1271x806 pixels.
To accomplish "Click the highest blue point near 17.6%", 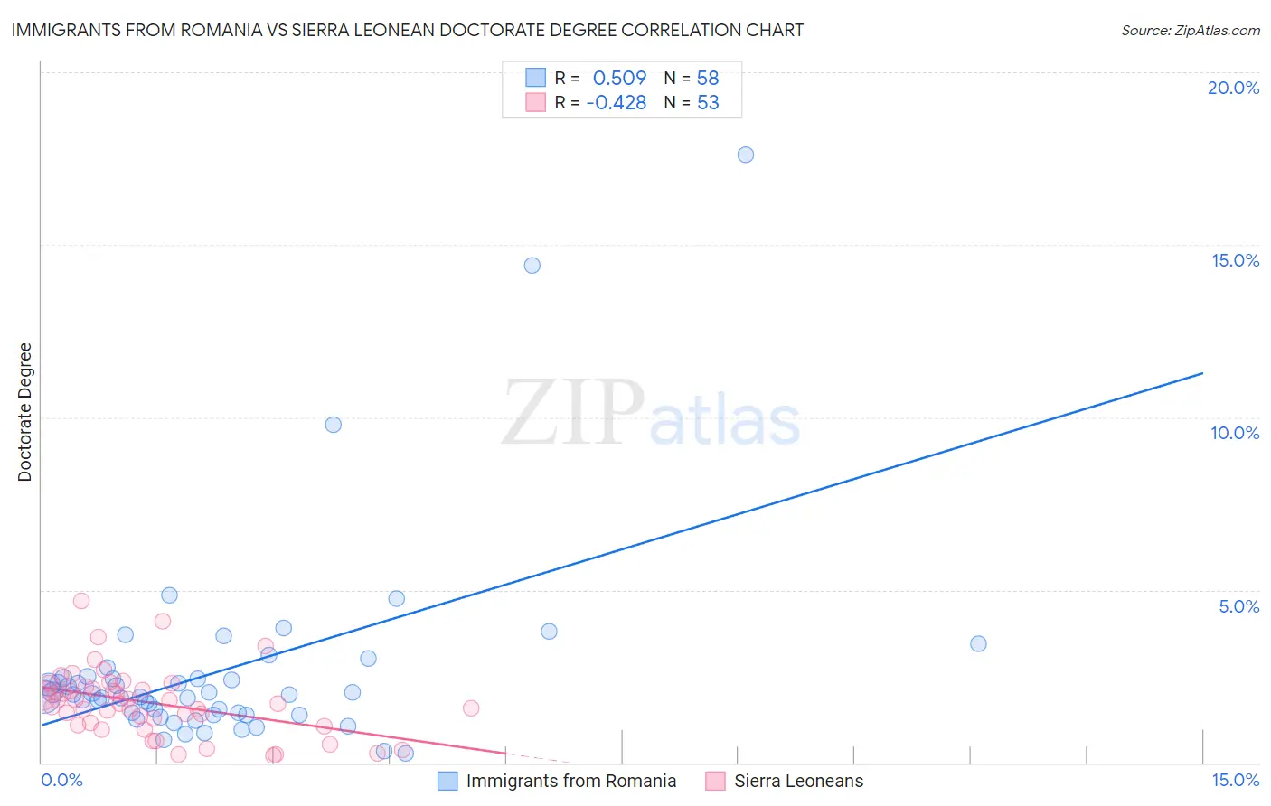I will click(745, 155).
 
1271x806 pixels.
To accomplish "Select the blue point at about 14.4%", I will click(532, 266).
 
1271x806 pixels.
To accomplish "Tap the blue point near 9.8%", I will click(333, 425).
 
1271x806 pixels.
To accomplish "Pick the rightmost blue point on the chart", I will click(978, 644).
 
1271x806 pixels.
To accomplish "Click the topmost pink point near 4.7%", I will click(81, 601).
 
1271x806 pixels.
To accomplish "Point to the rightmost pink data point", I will click(471, 708).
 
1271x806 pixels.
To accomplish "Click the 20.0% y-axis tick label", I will click(1233, 88).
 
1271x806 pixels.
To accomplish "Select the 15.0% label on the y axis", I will click(1235, 260).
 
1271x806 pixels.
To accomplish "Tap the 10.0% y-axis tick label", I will click(1235, 433).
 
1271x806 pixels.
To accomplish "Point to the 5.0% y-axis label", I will click(1238, 606).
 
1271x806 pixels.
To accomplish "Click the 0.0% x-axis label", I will click(62, 780).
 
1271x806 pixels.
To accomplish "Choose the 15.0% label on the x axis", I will click(1235, 780).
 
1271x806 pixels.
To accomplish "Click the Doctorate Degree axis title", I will click(25, 412).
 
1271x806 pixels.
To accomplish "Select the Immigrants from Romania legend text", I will click(570, 781).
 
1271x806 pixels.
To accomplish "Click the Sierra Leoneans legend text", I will click(798, 781).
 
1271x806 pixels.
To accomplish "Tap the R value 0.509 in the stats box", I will click(619, 79).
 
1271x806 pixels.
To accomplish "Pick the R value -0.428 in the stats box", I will click(616, 103).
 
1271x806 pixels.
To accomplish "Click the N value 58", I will click(708, 79).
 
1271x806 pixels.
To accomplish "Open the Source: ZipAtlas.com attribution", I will click(1190, 31).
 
